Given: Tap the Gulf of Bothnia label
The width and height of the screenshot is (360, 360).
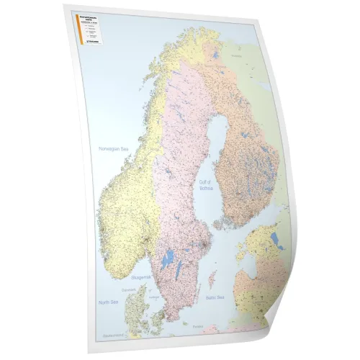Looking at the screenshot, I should pos(208,186).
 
